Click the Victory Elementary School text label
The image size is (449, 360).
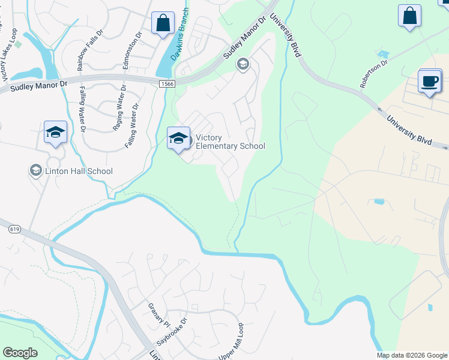(231, 142)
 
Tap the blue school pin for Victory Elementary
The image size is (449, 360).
(178, 139)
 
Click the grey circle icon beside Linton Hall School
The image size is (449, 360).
(35, 171)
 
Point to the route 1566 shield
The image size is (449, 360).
(167, 85)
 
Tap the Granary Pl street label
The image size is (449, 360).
(159, 315)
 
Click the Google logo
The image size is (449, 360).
(20, 353)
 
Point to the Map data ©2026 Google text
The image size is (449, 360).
(412, 355)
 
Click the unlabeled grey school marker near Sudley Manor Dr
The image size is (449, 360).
(243, 64)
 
